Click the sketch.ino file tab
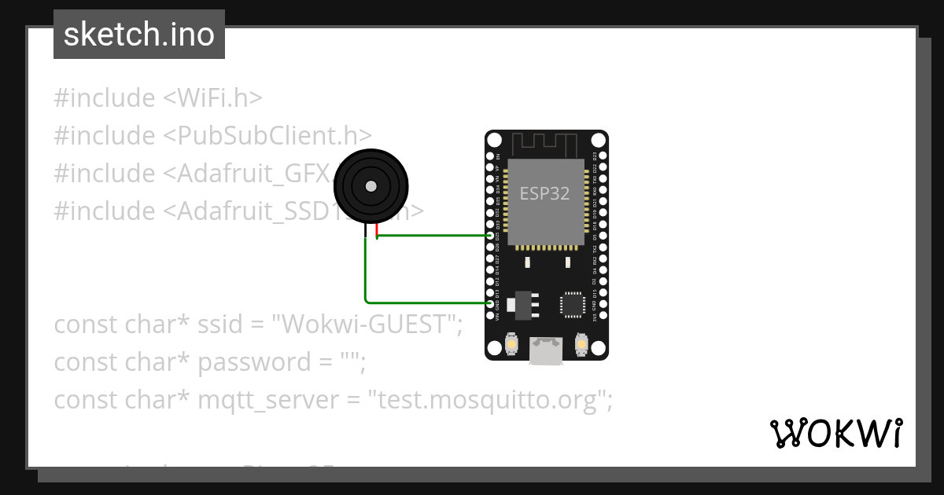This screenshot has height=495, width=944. (139, 35)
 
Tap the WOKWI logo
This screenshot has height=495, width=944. (835, 433)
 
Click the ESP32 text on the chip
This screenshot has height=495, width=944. (545, 192)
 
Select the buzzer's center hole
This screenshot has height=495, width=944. (371, 187)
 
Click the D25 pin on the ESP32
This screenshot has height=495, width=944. (491, 236)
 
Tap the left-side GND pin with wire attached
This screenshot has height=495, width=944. (491, 303)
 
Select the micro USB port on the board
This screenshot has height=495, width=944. (546, 350)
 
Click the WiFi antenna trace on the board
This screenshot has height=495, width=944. (545, 144)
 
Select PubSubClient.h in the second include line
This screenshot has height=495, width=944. (267, 136)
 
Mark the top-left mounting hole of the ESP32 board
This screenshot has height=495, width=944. (493, 140)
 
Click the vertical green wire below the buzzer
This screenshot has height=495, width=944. (366, 267)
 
